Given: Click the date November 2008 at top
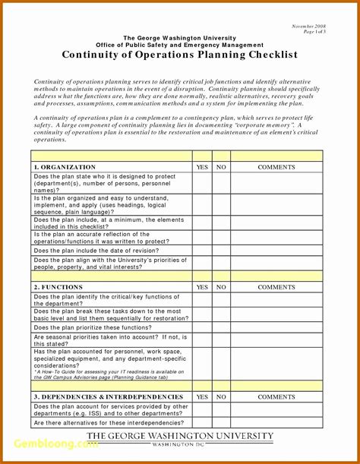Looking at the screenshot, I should [308, 27].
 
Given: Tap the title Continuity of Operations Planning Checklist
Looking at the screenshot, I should [180, 55].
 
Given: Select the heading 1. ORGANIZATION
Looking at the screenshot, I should [65, 166].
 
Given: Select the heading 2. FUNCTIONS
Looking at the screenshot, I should [58, 287].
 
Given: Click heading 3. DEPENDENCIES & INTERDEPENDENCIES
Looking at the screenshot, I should [108, 396].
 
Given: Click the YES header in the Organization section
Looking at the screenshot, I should [202, 166].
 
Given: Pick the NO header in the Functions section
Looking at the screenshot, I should [221, 287].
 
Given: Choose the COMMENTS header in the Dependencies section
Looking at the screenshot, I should [276, 396].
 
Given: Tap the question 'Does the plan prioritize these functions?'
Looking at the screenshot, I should [98, 327].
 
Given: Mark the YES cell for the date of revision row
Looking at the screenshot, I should [202, 250].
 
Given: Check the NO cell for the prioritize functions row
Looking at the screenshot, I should [221, 327].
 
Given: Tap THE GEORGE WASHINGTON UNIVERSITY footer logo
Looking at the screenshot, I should [179, 438].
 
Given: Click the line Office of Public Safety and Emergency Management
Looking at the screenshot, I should [180, 45].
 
